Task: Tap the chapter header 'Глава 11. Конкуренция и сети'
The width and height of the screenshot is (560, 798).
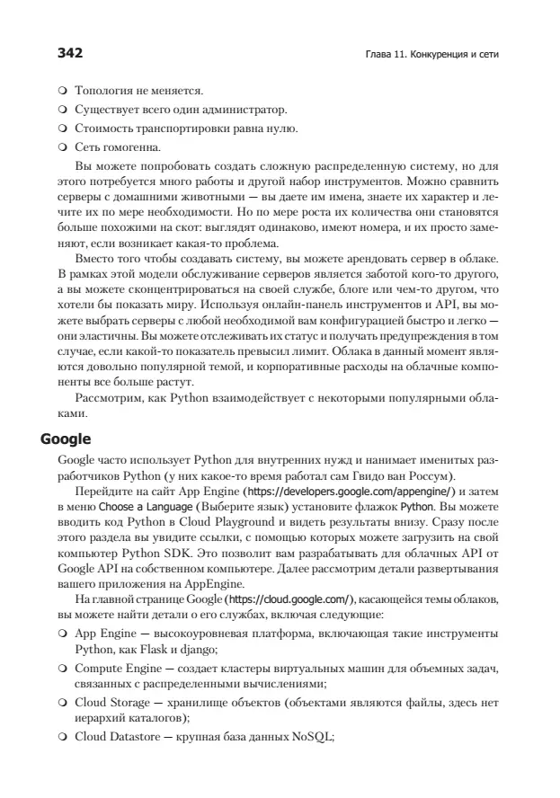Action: pos(427,54)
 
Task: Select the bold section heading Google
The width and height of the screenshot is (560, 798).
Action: pos(67,439)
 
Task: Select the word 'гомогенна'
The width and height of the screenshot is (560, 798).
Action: pos(133,146)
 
